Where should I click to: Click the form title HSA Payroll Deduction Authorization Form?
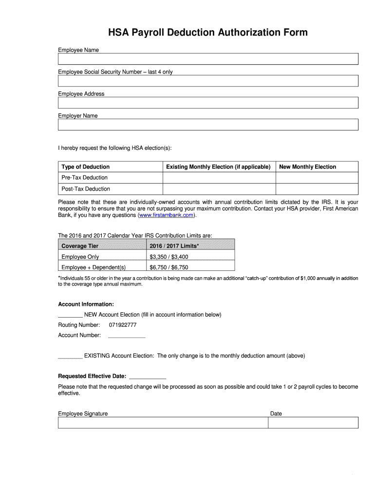pyautogui.click(x=208, y=33)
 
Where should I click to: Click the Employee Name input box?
pyautogui.click(x=208, y=59)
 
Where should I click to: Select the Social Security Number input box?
pyautogui.click(x=208, y=81)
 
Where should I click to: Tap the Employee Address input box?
pyautogui.click(x=208, y=103)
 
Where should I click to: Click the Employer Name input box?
pyautogui.click(x=208, y=124)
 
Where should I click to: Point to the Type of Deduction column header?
pyautogui.click(x=86, y=167)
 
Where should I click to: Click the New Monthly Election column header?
pyautogui.click(x=307, y=167)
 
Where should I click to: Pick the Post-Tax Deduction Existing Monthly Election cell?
pyautogui.click(x=219, y=189)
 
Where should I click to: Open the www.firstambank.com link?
pyautogui.click(x=167, y=215)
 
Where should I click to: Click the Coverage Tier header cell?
pyautogui.click(x=80, y=246)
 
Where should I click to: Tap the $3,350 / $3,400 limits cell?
pyautogui.click(x=169, y=257)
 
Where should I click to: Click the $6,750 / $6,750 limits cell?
pyautogui.click(x=169, y=267)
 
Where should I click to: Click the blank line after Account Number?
pyautogui.click(x=126, y=336)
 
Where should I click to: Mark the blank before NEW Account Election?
pyautogui.click(x=70, y=315)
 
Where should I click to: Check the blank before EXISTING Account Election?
pyautogui.click(x=70, y=356)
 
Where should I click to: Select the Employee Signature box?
pyautogui.click(x=163, y=423)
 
